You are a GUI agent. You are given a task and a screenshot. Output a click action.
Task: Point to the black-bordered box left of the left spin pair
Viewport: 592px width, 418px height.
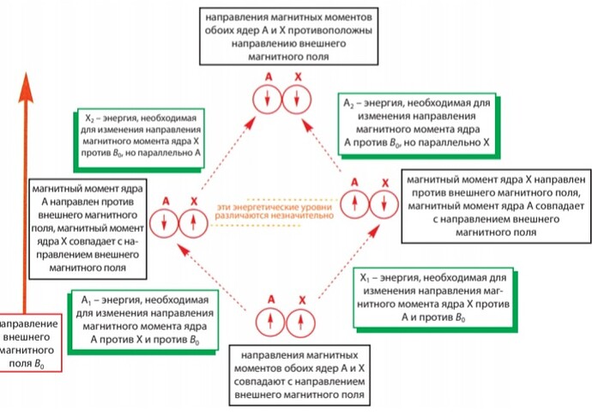(85, 226)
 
